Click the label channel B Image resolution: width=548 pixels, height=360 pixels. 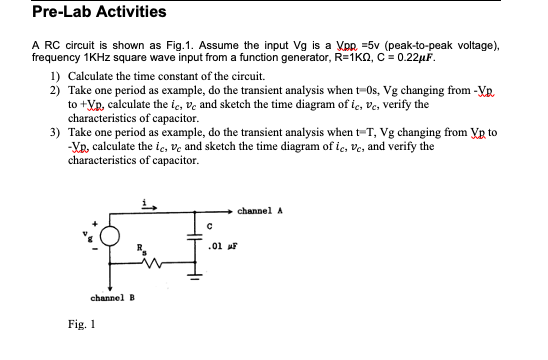coord(113,298)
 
